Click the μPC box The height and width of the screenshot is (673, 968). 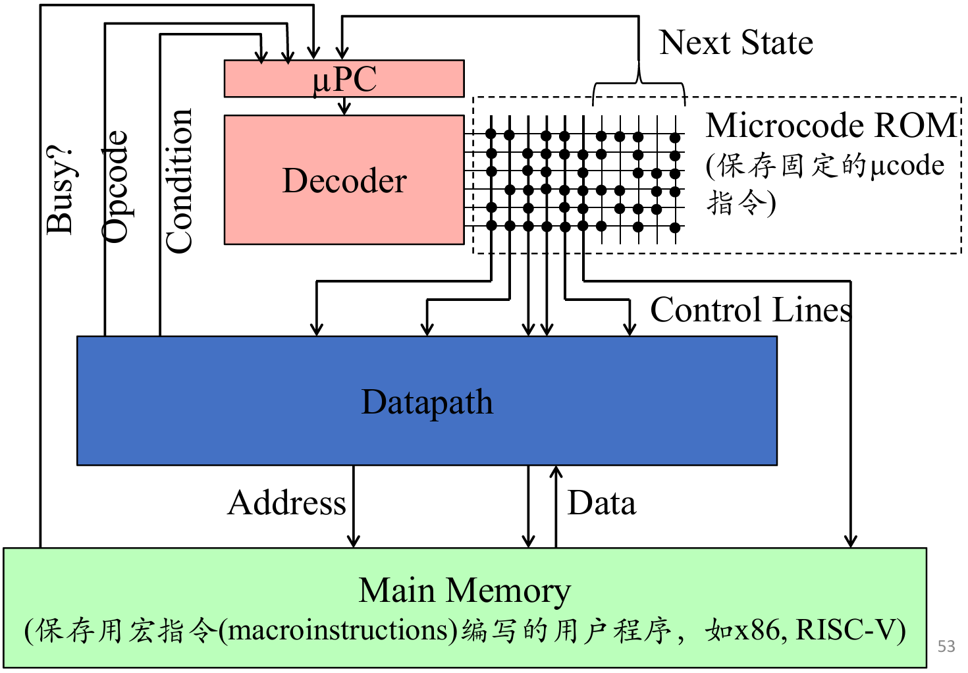[x=344, y=78]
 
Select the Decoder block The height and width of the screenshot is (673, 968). [x=344, y=180]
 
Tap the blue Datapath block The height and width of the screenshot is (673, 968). [x=427, y=400]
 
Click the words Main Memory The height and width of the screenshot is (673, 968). [x=464, y=591]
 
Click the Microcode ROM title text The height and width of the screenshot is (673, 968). [x=830, y=125]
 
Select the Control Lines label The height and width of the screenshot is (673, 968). [x=751, y=310]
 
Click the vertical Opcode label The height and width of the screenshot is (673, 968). [x=115, y=186]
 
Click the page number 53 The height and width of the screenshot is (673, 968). [x=946, y=646]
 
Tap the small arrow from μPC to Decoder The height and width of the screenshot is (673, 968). [x=344, y=106]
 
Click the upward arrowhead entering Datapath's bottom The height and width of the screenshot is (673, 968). [x=556, y=471]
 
